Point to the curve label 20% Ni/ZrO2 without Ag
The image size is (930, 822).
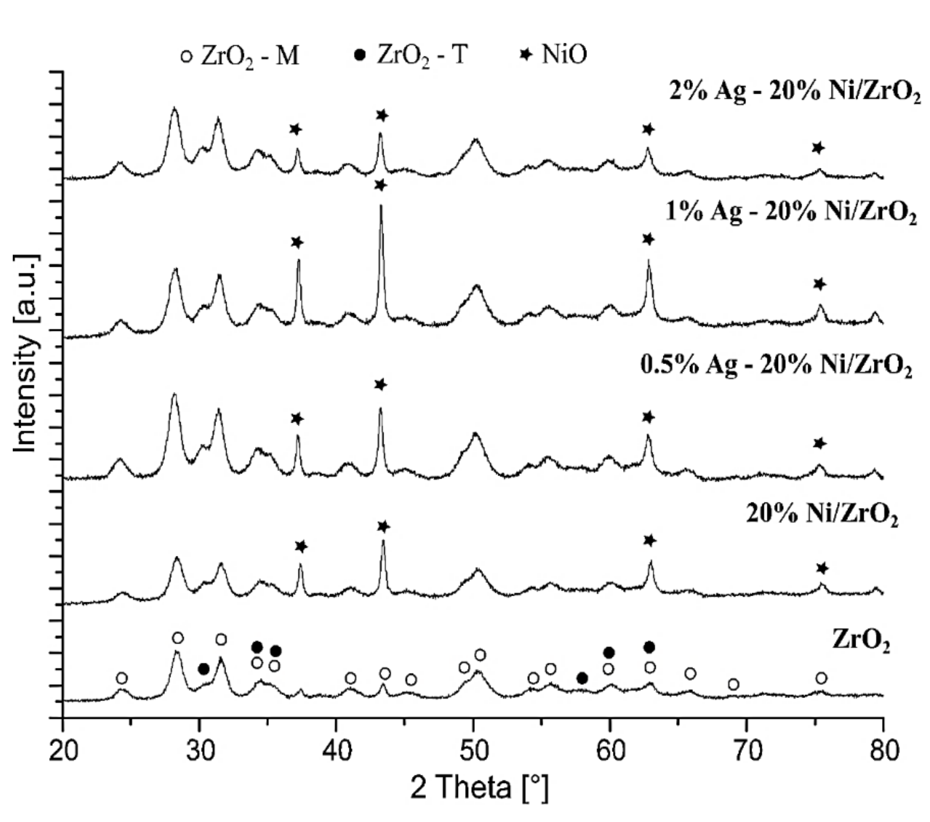click(822, 514)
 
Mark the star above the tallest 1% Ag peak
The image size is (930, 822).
click(381, 185)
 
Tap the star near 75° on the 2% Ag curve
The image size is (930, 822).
click(818, 148)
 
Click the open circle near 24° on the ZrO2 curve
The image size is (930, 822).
click(121, 678)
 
